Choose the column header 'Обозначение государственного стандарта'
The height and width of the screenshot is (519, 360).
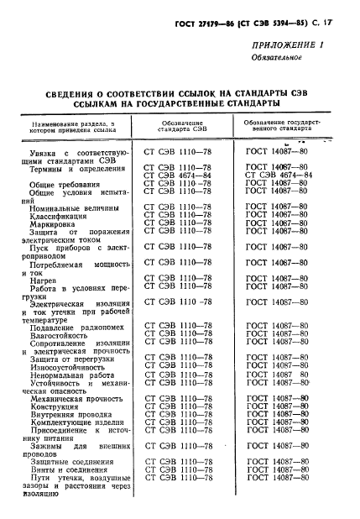point(276,127)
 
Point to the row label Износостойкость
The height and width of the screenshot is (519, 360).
point(67,365)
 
